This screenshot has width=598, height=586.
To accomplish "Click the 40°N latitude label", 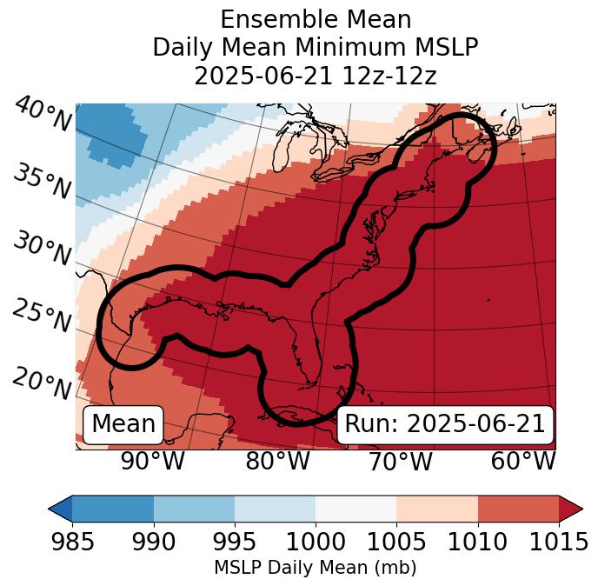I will coord(43,115).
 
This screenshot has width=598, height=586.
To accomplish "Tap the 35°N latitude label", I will coord(42,182).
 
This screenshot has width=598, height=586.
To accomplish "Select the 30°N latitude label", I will coord(41,250).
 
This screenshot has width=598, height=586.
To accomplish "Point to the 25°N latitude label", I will coord(41,316).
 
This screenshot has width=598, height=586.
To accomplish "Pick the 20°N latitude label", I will coord(42,383).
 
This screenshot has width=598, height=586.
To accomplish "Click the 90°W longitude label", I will coord(153,462).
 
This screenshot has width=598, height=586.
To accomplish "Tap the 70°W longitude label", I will coord(401,462).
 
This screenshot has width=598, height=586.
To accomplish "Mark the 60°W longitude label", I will coord(523,462).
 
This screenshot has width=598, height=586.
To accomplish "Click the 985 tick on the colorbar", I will coord(72,543).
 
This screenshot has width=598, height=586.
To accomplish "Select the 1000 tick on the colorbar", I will coord(316,543).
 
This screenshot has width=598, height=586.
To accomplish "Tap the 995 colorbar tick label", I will coord(234,543).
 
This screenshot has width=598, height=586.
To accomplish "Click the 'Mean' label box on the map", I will coord(123,424).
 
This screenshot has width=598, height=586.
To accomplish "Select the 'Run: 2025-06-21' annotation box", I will coord(445,424).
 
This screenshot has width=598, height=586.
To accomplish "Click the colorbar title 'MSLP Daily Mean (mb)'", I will coord(315,569).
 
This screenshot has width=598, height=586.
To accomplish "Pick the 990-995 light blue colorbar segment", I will coord(194,509).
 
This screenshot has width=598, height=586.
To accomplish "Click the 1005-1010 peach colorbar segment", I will coord(437,509).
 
